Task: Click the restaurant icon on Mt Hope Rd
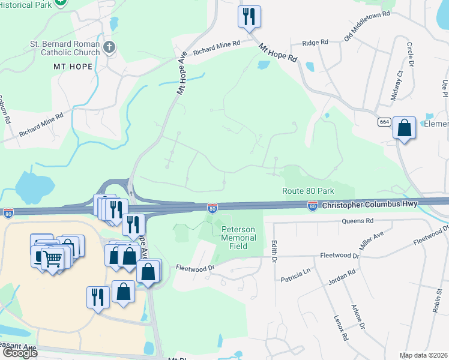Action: tap(249, 16)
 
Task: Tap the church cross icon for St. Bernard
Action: tap(109, 47)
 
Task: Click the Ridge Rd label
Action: tap(315, 43)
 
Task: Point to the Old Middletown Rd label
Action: tap(367, 25)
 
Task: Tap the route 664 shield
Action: tap(385, 122)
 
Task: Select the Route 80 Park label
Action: tap(308, 191)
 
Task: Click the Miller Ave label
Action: tap(370, 241)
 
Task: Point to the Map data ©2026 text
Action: tap(424, 355)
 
